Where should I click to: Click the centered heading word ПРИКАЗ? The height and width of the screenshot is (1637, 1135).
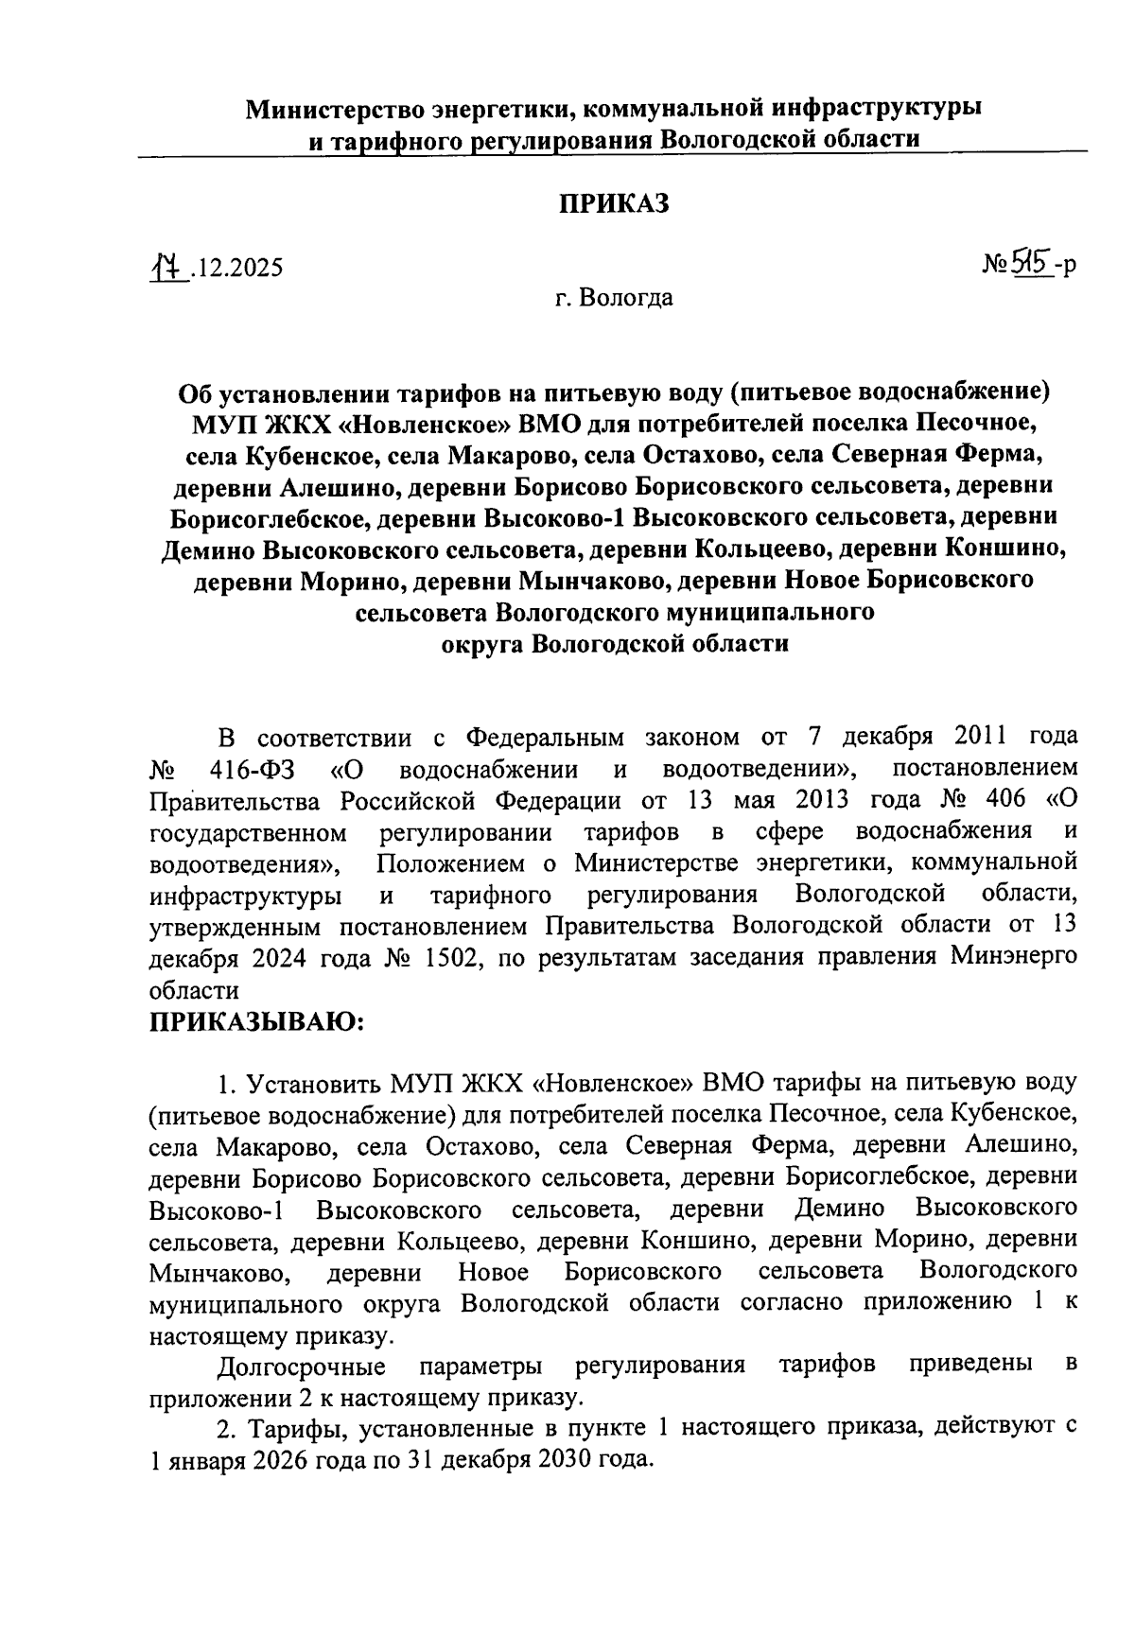(614, 204)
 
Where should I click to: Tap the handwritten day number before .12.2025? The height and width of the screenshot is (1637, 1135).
(168, 267)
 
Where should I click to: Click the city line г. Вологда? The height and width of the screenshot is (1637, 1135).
(614, 299)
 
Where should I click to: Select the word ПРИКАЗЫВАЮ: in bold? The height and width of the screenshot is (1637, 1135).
(256, 1021)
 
